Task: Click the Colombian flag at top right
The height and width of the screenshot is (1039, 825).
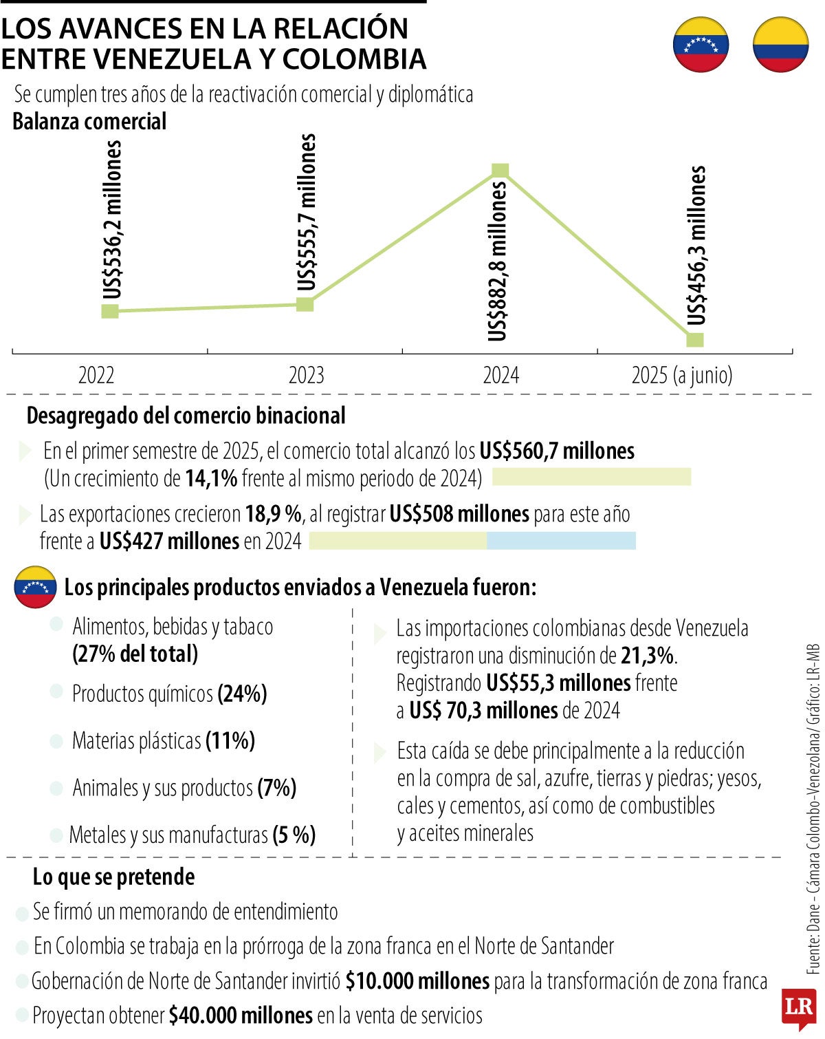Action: pos(780,45)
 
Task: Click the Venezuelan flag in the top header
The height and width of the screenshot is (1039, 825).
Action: pos(701,45)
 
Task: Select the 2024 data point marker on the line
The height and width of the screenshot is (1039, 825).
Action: pos(500,171)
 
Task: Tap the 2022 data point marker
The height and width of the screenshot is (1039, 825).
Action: pos(110,311)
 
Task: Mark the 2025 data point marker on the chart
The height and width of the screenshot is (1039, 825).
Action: pos(695,339)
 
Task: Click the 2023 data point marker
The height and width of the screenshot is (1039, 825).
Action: pos(305,304)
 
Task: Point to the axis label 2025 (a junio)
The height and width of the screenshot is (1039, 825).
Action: pos(682,376)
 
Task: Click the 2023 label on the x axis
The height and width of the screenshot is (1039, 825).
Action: pos(306,376)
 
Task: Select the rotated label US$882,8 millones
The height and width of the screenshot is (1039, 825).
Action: pos(497,261)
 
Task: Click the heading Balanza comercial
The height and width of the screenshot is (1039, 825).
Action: pos(89,122)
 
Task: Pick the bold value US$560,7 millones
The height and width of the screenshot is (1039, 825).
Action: pos(557,451)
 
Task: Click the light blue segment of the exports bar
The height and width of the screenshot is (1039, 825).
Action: pos(561,541)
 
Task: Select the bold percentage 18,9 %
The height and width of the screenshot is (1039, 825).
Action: pos(274,514)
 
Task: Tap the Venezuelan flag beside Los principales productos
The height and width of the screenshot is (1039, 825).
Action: pos(35,587)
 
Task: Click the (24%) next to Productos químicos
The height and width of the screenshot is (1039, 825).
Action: pos(242,694)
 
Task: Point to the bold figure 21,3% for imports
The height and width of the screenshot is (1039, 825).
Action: pos(647,656)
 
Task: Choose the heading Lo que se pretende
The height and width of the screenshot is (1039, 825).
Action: pos(113,877)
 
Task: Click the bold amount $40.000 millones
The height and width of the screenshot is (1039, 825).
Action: pos(241,1015)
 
